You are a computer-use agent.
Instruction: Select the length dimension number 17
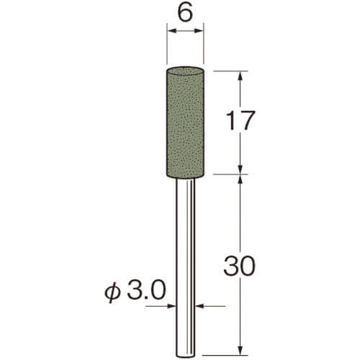point(240,121)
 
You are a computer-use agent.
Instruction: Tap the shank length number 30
point(238,266)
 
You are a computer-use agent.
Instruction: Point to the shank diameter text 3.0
point(146,291)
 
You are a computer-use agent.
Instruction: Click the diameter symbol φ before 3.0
point(113,292)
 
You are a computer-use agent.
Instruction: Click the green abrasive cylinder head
point(185,123)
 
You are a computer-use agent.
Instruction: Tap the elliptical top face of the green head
point(185,71)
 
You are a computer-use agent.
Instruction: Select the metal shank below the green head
point(185,268)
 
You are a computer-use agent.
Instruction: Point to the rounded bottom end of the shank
point(185,356)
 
